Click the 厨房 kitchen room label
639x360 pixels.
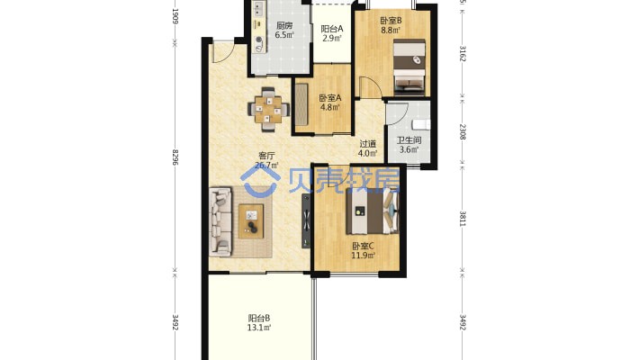tap(284, 26)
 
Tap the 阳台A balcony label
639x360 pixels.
tap(332, 29)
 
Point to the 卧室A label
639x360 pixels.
tap(330, 98)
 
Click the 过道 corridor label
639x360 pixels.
tap(367, 144)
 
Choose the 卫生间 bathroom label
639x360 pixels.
tap(409, 140)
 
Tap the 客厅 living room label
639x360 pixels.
tap(267, 156)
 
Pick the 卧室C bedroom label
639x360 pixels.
tap(363, 247)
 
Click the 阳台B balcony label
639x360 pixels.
tap(259, 318)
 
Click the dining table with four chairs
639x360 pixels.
tap(268, 109)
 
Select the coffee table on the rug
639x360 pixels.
tap(251, 221)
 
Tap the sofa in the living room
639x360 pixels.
tap(220, 221)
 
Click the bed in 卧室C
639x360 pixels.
tap(373, 211)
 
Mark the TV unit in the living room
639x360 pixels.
tap(306, 221)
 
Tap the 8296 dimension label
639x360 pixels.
tap(175, 157)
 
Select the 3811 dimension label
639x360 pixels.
tap(463, 219)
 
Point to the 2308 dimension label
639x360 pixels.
tap(463, 132)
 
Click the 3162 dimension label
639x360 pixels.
tap(463, 53)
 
